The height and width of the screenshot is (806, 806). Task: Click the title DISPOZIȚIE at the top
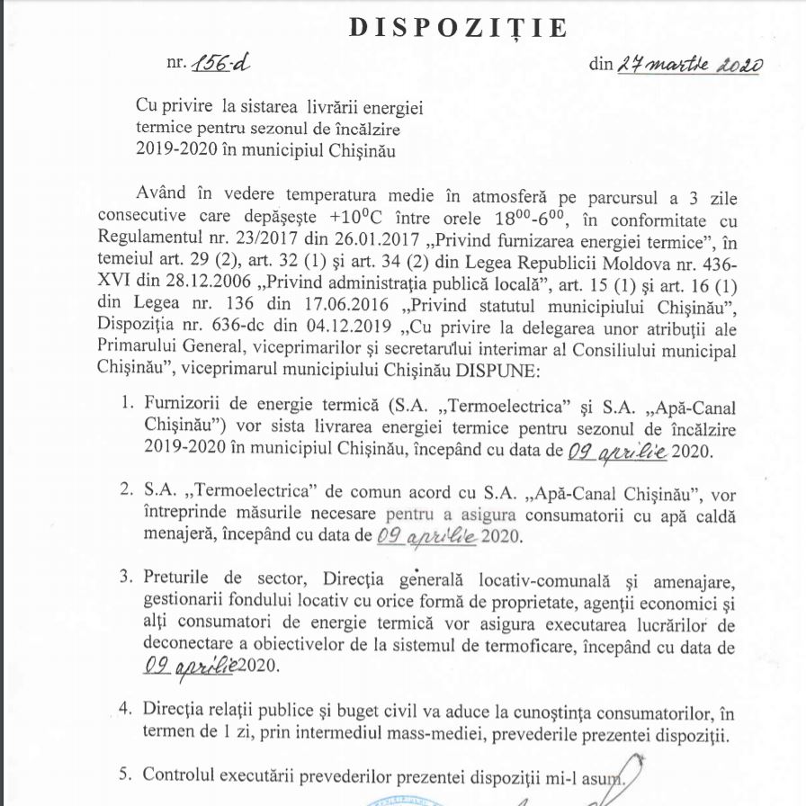point(459,28)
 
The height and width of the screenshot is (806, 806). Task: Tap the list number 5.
point(127,774)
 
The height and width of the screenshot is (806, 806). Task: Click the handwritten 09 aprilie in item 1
point(615,450)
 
